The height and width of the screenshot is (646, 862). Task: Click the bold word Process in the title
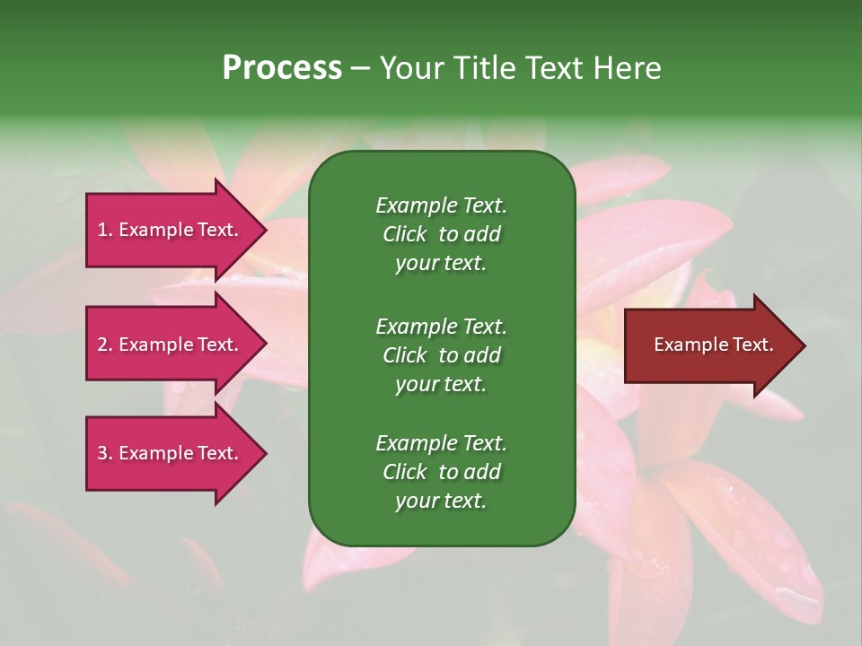coord(282,68)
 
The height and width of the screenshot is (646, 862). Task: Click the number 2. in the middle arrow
coord(105,345)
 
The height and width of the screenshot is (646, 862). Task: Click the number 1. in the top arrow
coord(104,230)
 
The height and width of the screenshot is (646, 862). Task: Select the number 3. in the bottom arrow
coord(105,453)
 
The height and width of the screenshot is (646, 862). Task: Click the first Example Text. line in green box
coord(441,205)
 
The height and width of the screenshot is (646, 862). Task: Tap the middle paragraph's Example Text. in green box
coord(441,326)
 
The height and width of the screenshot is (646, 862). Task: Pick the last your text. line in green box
coord(441,502)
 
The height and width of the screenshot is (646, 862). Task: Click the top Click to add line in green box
coord(441,234)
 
